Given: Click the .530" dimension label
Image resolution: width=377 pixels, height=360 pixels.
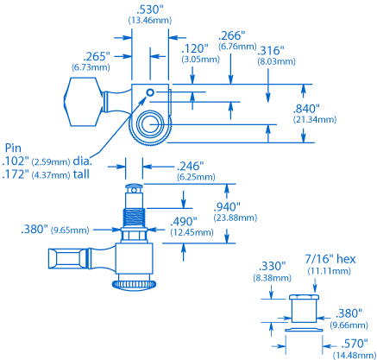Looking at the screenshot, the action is point(150,9).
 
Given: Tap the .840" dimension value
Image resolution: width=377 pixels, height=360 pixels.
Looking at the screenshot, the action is point(306,109).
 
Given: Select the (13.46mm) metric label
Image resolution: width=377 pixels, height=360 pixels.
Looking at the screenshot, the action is point(150,21).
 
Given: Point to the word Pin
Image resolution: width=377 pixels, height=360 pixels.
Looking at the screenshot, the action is point(13,148).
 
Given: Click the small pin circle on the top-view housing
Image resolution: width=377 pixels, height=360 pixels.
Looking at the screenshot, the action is point(150,92).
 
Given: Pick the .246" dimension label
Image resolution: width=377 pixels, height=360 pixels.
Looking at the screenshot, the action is point(190,166).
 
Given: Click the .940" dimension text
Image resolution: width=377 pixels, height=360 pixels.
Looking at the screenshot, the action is point(227,206).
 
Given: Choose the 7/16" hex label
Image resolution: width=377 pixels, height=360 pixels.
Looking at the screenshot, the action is point(330,259).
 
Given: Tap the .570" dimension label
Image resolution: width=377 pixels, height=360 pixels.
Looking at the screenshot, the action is point(355,344).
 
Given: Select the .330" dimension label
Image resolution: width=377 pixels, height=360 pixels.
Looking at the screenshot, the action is point(272,266).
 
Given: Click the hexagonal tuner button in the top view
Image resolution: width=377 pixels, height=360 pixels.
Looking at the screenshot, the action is point(83,102).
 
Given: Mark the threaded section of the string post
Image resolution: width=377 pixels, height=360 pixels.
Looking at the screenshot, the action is point(135,218).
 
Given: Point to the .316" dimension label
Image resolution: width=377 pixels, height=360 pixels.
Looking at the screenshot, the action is point(271,51).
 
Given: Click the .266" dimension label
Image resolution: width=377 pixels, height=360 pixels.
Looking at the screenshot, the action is point(232,35).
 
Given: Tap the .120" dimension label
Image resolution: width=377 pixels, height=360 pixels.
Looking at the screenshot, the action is point(195,48).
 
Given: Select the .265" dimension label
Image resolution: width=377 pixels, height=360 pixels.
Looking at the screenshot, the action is point(97,56).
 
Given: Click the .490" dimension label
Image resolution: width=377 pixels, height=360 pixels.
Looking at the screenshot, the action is point(184,222).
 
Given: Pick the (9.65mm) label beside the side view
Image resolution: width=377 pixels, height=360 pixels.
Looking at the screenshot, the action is point(70,231).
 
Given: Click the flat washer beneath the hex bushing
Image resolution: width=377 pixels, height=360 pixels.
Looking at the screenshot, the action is point(304,330).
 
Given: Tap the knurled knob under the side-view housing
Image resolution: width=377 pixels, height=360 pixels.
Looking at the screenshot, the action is point(134,285).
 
